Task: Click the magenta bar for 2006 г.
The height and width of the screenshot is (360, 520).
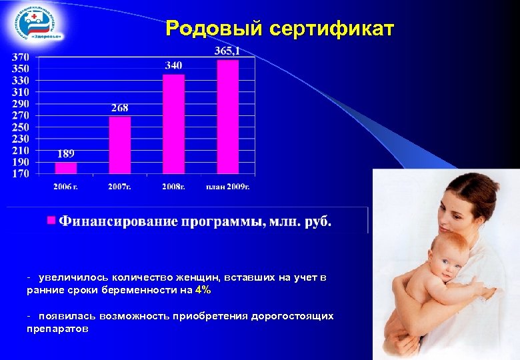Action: [x=66, y=168]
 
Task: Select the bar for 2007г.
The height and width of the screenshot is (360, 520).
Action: [x=120, y=145]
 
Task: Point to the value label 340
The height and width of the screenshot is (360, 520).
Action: [x=173, y=65]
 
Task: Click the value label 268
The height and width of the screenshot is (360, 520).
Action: [x=120, y=108]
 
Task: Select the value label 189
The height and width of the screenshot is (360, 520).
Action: [x=65, y=154]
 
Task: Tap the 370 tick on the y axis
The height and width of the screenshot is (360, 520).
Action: [x=21, y=58]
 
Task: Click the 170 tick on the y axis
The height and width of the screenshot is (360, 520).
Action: [x=21, y=175]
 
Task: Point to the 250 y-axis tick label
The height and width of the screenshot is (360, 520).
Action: [x=21, y=127]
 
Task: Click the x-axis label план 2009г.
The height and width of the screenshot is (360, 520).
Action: [x=227, y=186]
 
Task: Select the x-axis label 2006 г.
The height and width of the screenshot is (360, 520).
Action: [x=65, y=186]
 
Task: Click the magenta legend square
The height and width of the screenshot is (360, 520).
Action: [x=50, y=219]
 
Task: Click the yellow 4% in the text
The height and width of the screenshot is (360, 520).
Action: [x=203, y=291]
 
